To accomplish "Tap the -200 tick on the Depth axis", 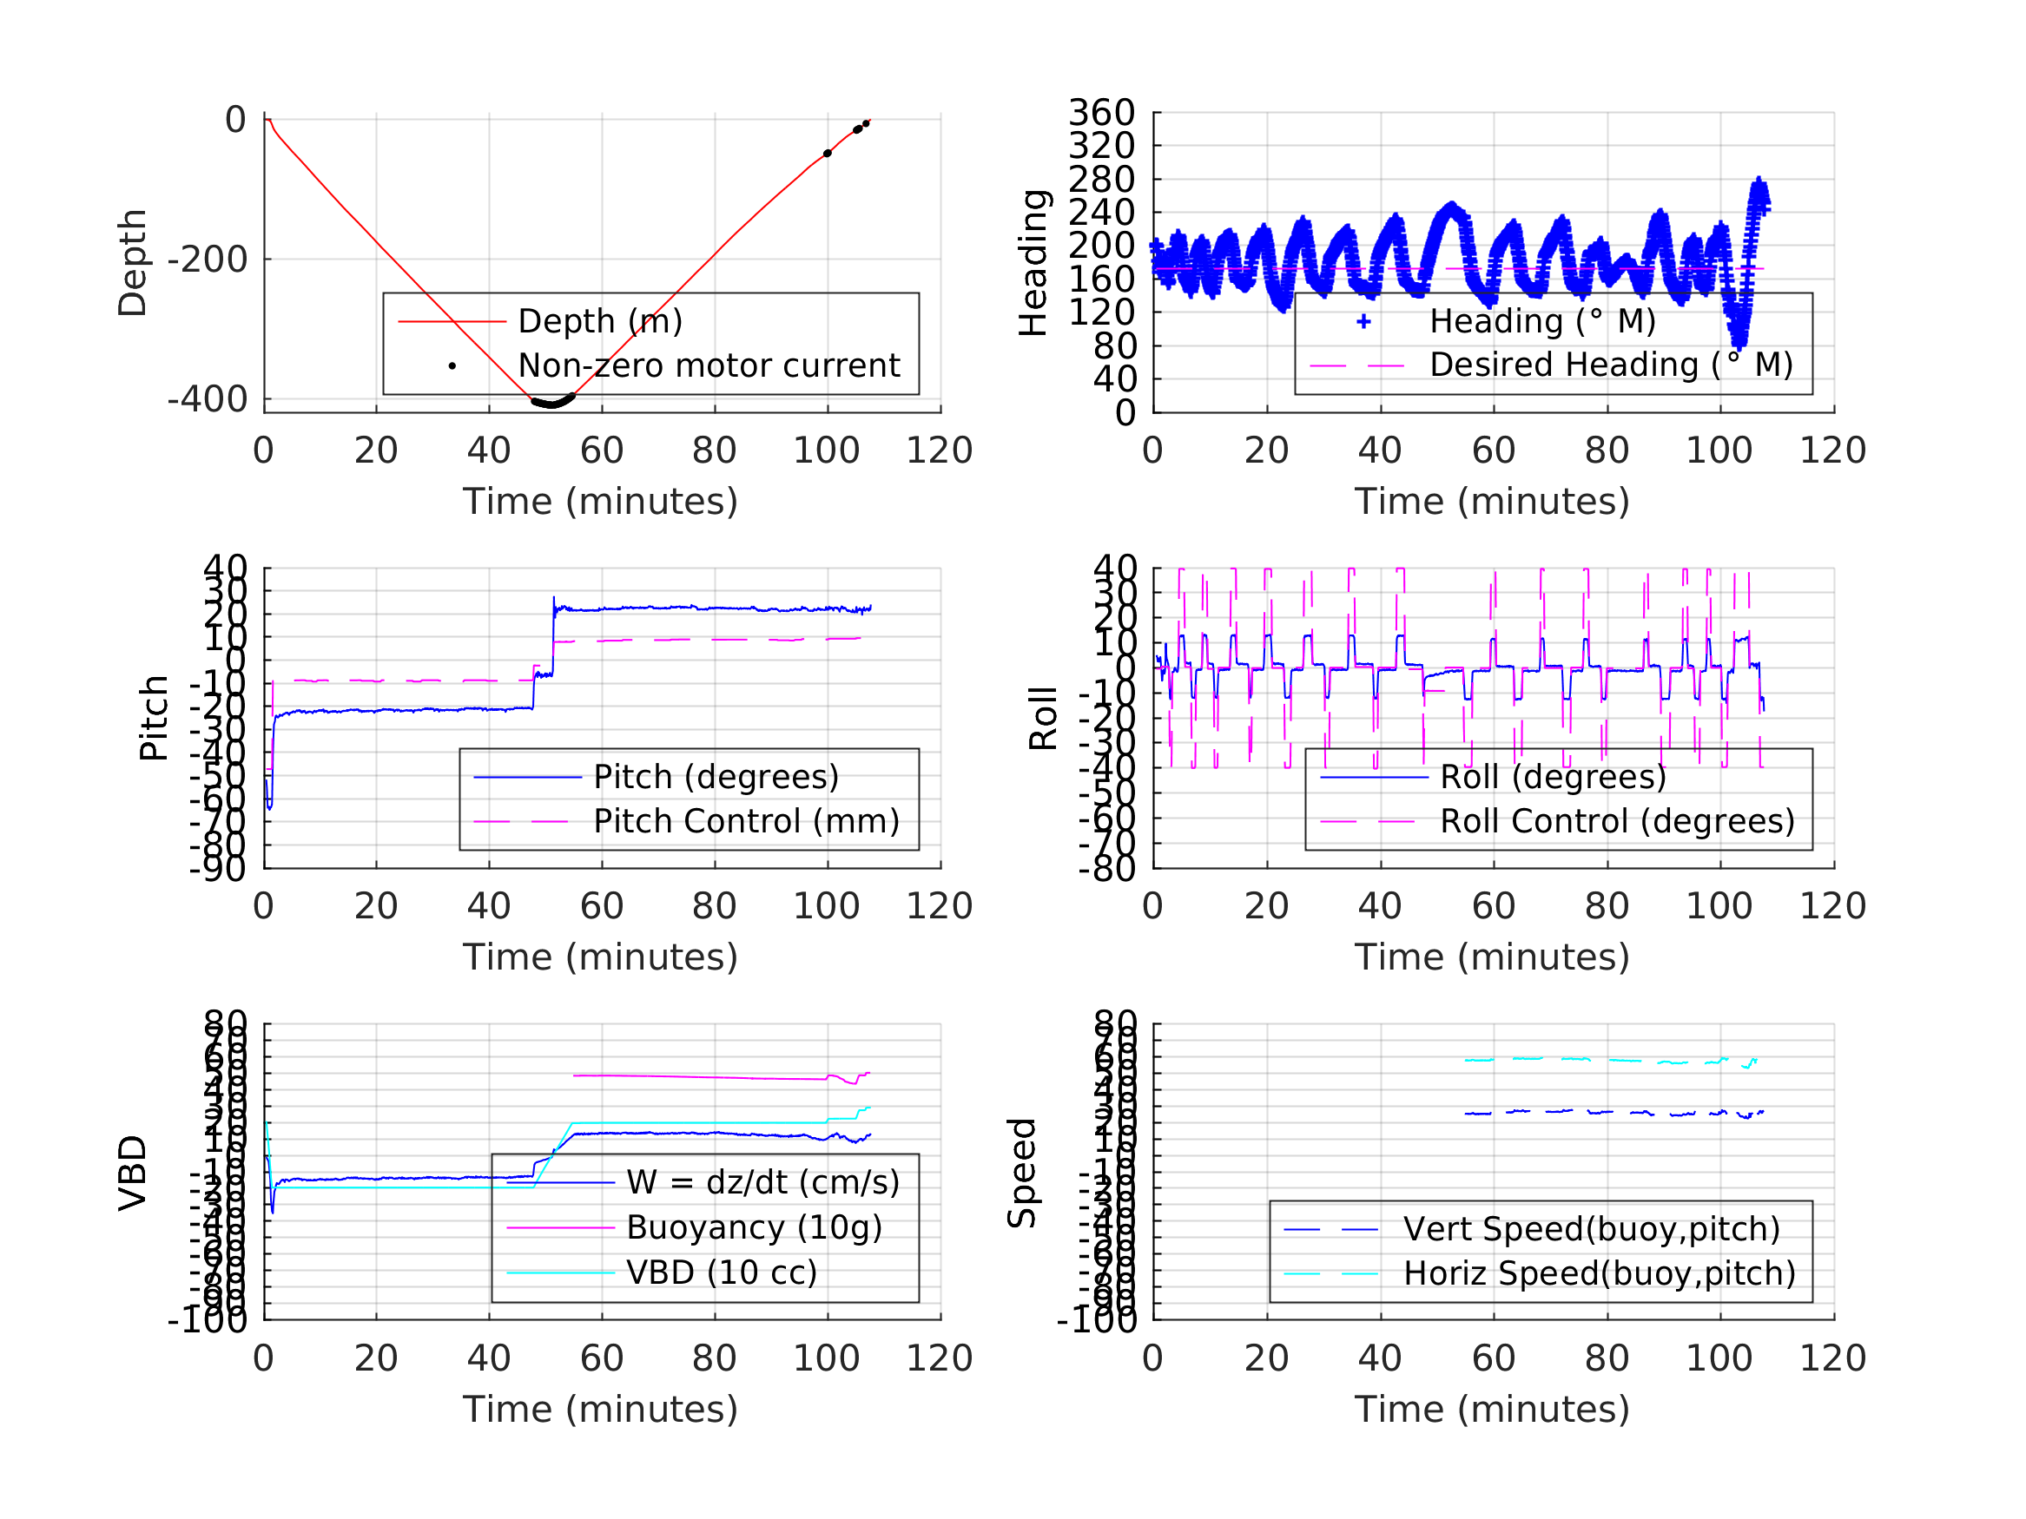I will tap(208, 260).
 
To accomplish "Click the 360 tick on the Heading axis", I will tap(1102, 114).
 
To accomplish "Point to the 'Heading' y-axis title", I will tap(1033, 263).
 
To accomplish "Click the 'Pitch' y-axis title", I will tap(154, 718).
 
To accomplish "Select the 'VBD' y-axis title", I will tap(134, 1173).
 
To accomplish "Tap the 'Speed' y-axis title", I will tap(1022, 1173).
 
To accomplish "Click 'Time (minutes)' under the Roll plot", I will tap(1492, 957).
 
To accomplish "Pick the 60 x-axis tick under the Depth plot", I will tap(602, 450).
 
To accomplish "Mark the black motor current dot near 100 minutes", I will tap(827, 154).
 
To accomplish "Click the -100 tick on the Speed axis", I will tap(1096, 1320).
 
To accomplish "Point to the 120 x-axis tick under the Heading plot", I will tap(1832, 450).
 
